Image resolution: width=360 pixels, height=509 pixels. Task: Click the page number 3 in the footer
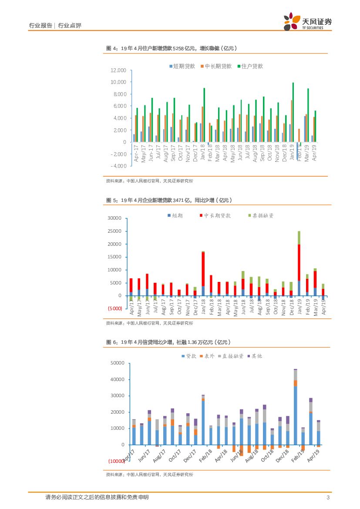point(327,498)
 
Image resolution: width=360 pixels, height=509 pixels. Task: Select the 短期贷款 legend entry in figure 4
point(182,67)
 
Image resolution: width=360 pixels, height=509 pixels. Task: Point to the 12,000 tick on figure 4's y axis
point(118,70)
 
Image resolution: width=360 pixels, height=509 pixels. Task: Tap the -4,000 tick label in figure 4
point(118,166)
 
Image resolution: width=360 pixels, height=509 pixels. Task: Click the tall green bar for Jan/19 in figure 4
point(293,112)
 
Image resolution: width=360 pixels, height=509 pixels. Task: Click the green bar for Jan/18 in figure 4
point(204,115)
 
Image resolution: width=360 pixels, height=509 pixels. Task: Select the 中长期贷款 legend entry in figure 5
point(216,215)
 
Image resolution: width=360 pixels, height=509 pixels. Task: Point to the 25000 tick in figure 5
point(115,231)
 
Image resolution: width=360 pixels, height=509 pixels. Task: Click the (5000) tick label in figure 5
point(115,308)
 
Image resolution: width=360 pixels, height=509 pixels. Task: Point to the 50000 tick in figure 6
point(118,363)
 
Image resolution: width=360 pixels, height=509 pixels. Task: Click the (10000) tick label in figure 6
point(115,461)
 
